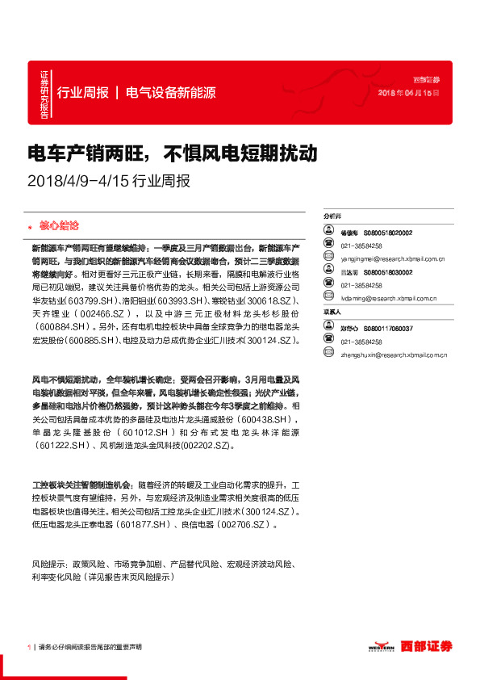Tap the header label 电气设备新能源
click(x=170, y=93)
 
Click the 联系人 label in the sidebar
click(x=332, y=312)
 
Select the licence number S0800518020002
click(x=388, y=233)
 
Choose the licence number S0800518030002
click(x=388, y=272)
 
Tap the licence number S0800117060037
click(x=388, y=329)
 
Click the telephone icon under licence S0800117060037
click(x=328, y=342)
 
